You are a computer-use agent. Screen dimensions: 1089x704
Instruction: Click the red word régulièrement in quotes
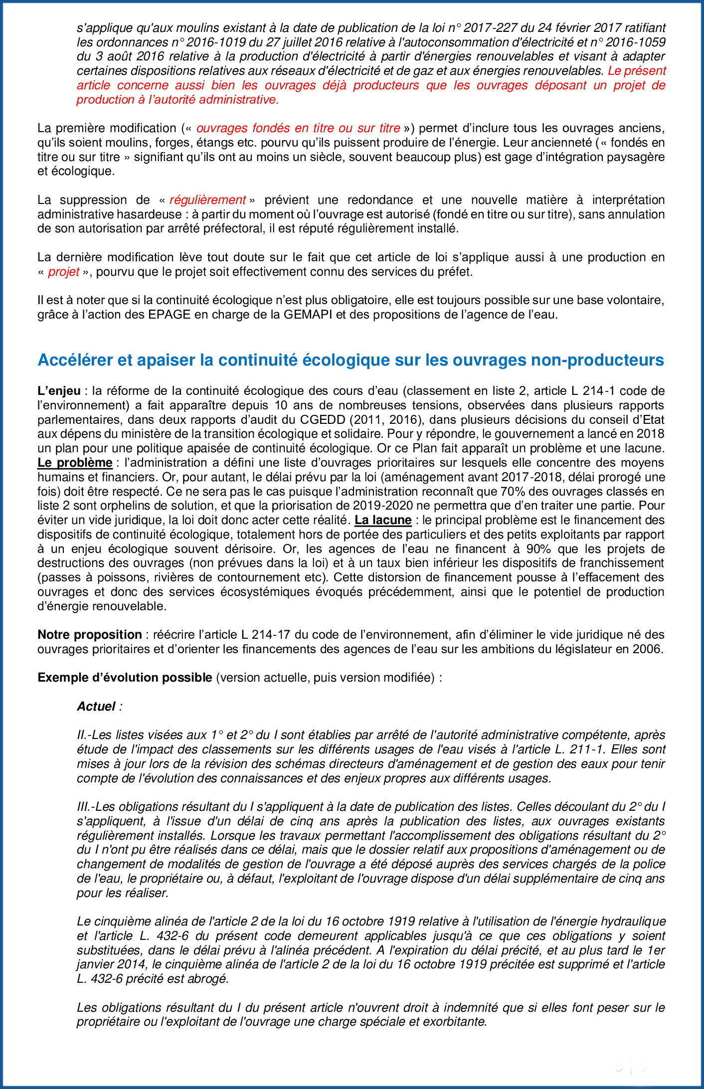pos(207,200)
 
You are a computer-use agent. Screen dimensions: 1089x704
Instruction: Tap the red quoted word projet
pos(64,272)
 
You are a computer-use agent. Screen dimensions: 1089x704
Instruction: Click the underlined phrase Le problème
pos(75,463)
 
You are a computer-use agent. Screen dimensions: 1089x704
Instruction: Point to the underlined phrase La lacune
pos(382,520)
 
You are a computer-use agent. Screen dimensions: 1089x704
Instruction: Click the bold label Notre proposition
pos(90,635)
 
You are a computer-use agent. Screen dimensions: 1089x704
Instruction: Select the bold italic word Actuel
pos(96,707)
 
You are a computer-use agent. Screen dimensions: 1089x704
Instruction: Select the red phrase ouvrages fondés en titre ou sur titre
pos(298,128)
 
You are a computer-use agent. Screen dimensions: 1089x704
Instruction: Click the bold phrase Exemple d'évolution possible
pos(125,678)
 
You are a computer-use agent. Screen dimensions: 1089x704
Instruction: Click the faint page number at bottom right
pos(630,1068)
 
